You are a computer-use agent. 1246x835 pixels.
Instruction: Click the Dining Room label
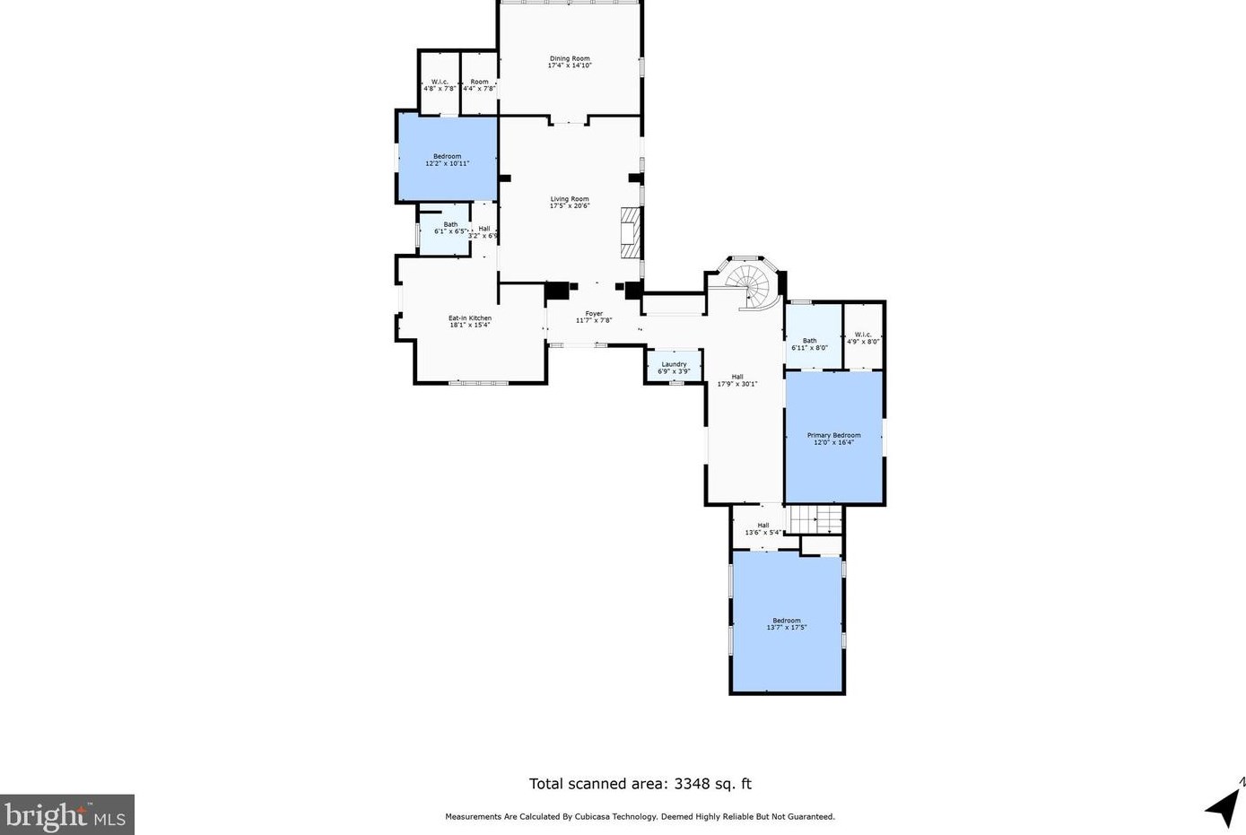pos(570,59)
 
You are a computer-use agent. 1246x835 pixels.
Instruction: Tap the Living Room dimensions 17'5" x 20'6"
pos(570,206)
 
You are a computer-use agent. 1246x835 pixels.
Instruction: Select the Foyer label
pos(594,314)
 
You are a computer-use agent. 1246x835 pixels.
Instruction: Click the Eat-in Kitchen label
pos(470,318)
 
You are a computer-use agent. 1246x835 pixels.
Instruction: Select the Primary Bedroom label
pos(833,435)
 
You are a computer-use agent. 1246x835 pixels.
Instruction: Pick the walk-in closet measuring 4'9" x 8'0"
pos(863,338)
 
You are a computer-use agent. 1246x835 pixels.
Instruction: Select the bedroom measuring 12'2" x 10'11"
pos(447,160)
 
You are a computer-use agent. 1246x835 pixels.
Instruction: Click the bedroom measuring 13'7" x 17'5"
pos(787,623)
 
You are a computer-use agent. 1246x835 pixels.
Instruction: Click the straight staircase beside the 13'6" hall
pos(815,518)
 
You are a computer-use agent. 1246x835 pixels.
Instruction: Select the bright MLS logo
pos(67,814)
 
